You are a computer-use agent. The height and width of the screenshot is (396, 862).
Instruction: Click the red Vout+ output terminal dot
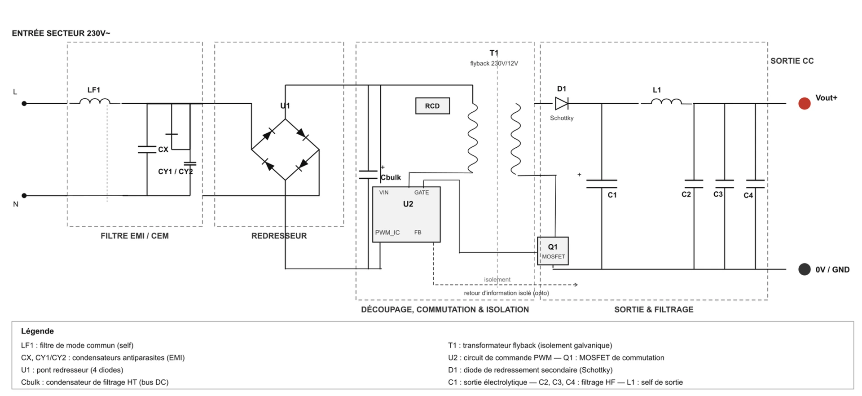coord(805,103)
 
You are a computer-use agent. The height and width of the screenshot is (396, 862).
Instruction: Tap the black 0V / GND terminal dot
coord(805,269)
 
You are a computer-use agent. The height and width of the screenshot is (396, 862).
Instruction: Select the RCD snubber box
coord(432,106)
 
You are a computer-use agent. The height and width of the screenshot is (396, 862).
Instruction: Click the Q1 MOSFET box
coord(553,251)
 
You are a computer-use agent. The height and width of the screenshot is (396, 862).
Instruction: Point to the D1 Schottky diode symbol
coord(562,104)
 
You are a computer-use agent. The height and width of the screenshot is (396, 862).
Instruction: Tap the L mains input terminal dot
coord(24,104)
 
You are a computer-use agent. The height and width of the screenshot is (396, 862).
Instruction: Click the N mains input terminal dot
coord(24,196)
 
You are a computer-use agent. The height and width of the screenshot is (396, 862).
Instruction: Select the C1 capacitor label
coord(612,195)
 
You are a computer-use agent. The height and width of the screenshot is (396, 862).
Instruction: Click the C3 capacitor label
coord(718,194)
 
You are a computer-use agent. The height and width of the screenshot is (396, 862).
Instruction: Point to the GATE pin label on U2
coord(422,193)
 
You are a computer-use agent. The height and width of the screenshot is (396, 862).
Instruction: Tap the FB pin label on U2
coord(418,233)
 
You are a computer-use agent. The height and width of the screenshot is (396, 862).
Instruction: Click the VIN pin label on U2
coord(384,193)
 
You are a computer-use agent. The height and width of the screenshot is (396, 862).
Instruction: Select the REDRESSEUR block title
coord(279,236)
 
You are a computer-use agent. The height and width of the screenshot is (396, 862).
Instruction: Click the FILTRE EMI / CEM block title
coord(135,236)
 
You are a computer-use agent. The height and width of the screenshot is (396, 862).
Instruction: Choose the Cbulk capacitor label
coord(391,177)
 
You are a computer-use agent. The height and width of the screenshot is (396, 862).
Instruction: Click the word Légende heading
coord(37,331)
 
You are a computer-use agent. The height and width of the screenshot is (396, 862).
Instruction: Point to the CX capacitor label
coord(163,150)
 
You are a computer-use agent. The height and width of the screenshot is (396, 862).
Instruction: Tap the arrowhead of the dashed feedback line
coord(576,285)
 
